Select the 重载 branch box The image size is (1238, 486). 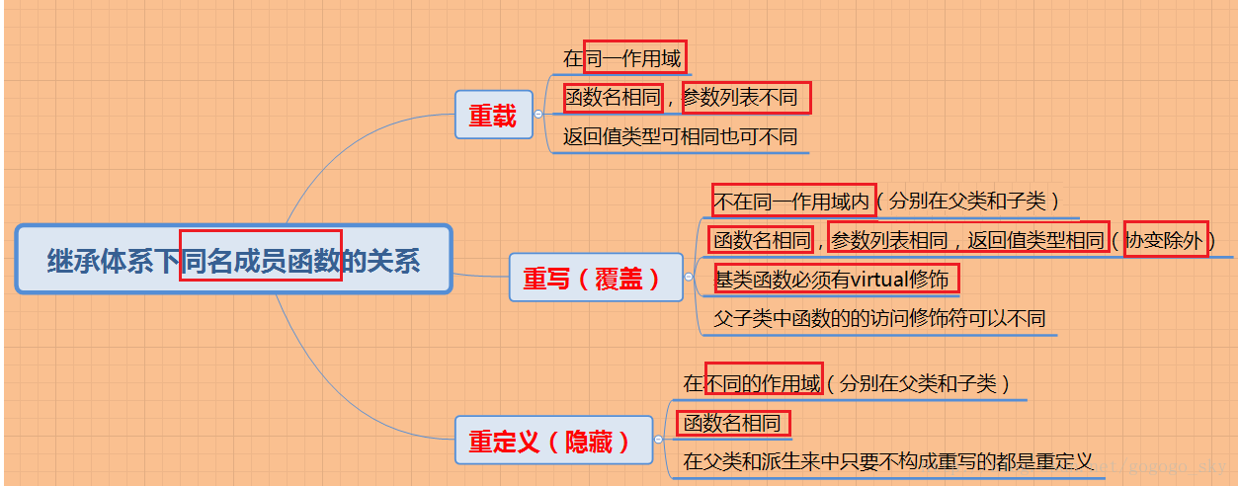click(x=493, y=116)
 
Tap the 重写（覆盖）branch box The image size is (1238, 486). click(x=594, y=279)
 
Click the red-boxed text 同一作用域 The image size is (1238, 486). click(x=634, y=58)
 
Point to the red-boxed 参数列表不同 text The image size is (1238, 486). click(x=746, y=98)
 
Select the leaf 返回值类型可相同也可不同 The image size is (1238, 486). click(x=680, y=137)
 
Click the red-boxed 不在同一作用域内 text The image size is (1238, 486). click(x=792, y=202)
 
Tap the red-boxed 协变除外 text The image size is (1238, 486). click(x=1166, y=239)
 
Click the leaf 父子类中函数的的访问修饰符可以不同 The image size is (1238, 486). click(x=879, y=319)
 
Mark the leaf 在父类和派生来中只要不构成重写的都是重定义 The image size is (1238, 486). click(x=887, y=461)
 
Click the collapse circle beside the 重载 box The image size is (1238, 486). click(x=538, y=115)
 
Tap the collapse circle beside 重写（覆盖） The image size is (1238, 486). click(x=688, y=279)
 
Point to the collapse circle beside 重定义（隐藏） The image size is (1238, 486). click(x=658, y=441)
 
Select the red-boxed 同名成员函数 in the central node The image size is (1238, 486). click(x=261, y=261)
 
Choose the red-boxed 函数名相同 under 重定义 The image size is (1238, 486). click(x=733, y=424)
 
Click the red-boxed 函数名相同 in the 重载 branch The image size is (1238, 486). click(x=613, y=98)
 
